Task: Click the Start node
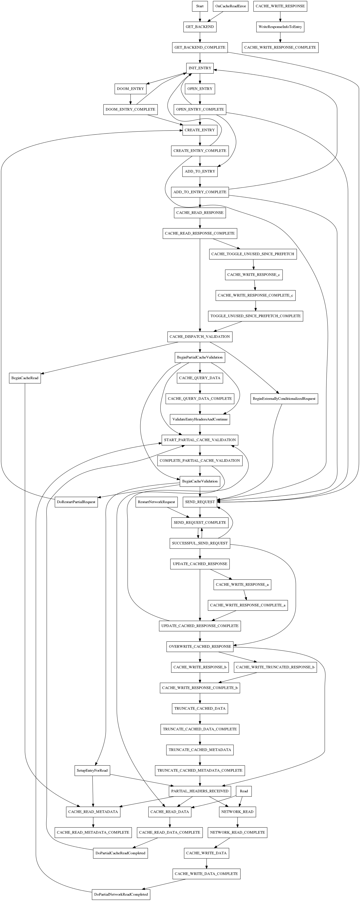pos(200,6)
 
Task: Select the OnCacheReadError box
pos(230,6)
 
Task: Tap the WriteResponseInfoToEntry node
pos(280,27)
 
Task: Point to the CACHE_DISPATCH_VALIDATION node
pos(200,337)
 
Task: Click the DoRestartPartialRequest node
pos(76,502)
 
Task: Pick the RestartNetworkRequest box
pos(156,502)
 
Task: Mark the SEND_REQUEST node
pos(200,502)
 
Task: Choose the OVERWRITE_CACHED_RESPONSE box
pos(200,646)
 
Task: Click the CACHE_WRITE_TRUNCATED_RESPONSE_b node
pos(275,667)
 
